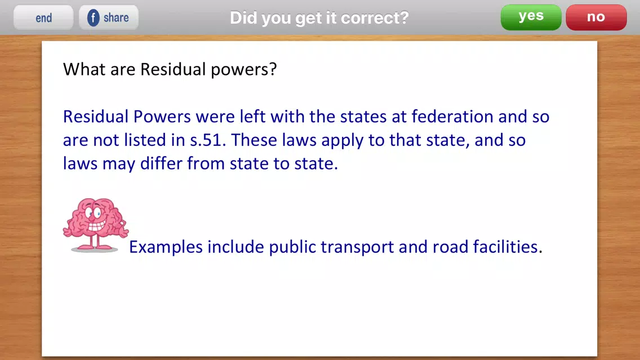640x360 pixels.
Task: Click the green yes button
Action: pos(531,17)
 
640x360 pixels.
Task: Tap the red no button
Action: pos(596,17)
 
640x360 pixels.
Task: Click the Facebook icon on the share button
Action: pos(93,18)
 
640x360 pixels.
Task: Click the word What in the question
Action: pos(84,69)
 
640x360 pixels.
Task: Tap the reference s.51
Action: pos(208,140)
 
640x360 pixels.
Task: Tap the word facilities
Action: pos(508,247)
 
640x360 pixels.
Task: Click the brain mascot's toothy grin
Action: pos(97,226)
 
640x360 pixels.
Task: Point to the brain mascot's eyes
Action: pos(94,212)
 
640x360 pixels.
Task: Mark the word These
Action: pos(254,140)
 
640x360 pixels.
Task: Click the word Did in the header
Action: pos(243,17)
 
